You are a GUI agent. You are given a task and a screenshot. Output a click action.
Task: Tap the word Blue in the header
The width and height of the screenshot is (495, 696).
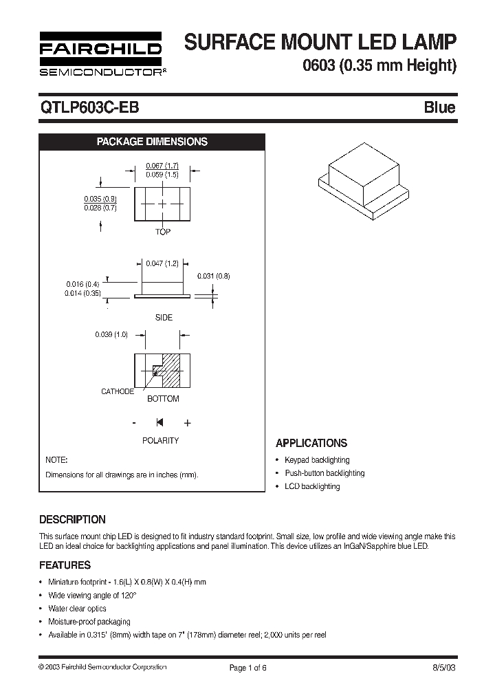tap(439, 107)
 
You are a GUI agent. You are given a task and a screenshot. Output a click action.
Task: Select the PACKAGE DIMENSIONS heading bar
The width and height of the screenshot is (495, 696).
tap(152, 142)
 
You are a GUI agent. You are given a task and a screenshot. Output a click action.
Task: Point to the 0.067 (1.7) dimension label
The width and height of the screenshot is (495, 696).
tap(162, 166)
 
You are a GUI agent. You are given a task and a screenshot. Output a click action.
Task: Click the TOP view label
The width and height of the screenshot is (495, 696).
tap(163, 232)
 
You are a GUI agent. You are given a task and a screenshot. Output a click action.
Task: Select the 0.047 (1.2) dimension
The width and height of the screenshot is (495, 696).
tap(162, 263)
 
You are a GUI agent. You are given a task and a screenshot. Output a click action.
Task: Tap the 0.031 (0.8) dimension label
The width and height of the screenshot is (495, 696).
tap(214, 276)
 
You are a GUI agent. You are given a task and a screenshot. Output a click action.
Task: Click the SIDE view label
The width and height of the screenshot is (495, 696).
tap(164, 318)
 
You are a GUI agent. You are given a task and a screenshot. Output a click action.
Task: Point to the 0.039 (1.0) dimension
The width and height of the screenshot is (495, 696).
tap(111, 334)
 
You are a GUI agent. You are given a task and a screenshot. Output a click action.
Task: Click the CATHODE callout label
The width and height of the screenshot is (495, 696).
tap(118, 391)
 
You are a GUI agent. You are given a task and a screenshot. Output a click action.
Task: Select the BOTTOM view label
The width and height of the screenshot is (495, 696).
tap(164, 399)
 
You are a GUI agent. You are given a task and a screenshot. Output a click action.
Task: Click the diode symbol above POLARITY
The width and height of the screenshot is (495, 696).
tap(160, 422)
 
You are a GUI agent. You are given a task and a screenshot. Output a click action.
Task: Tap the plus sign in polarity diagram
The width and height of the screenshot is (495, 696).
tap(187, 423)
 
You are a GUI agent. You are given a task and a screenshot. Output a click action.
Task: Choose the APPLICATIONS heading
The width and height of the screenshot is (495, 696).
tap(311, 444)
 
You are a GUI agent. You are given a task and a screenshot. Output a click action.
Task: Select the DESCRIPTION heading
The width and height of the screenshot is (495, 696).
tap(72, 519)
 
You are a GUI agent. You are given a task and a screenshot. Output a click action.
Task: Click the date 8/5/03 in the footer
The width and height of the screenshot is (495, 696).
tap(443, 667)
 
